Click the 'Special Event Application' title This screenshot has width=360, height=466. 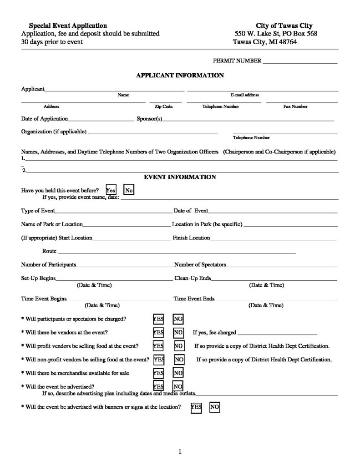tap(68, 26)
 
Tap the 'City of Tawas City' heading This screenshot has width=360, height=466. tap(284, 26)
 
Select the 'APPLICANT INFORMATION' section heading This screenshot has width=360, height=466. tap(180, 76)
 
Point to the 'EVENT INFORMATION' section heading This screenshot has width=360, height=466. tap(180, 177)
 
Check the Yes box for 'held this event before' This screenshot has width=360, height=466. tap(111, 190)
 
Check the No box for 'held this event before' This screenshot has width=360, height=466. tap(129, 190)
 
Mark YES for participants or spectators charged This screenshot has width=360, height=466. tap(158, 319)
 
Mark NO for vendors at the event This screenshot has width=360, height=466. tap(178, 333)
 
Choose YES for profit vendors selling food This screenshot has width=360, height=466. tap(158, 346)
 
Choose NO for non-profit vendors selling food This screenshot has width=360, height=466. tap(179, 360)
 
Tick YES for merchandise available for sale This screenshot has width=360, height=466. tap(158, 373)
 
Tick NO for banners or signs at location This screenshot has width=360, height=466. tap(214, 407)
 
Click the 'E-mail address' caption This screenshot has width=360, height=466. tap(245, 95)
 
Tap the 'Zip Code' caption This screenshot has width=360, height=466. tap(164, 106)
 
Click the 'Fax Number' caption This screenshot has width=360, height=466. tap(295, 106)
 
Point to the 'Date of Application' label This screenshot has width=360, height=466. tap(45, 119)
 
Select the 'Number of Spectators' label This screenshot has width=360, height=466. tap(200, 264)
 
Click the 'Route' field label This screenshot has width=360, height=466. tap(49, 251)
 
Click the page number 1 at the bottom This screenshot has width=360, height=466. tap(180, 451)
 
